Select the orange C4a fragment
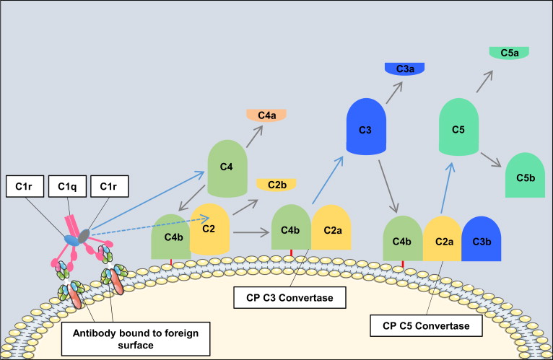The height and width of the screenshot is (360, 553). pyautogui.click(x=266, y=115)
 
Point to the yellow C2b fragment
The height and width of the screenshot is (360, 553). pyautogui.click(x=276, y=185)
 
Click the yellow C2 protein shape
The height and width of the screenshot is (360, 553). pyautogui.click(x=209, y=230)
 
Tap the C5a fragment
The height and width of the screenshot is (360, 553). pyautogui.click(x=509, y=53)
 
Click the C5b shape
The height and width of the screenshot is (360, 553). pyautogui.click(x=525, y=175)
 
